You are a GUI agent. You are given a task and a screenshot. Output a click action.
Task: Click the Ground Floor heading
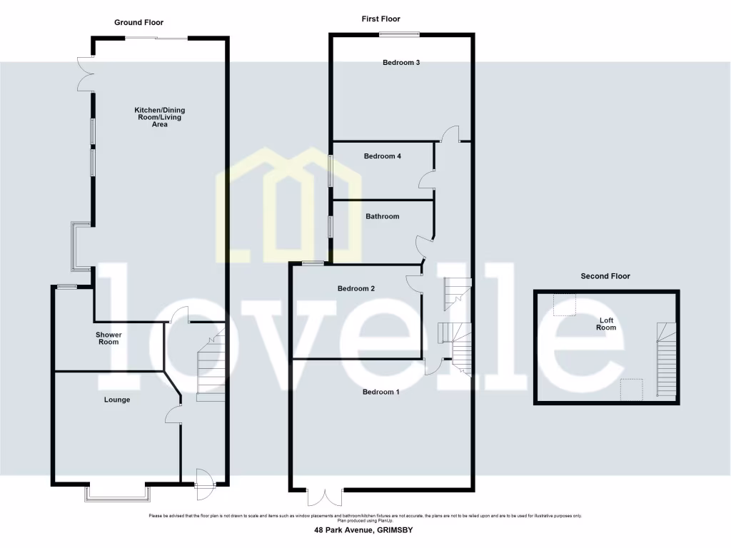tap(139, 22)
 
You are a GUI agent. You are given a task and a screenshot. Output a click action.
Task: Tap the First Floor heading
tap(380, 19)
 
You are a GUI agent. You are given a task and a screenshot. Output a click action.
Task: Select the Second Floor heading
tap(605, 276)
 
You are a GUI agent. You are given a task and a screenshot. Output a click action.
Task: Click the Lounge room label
tap(117, 400)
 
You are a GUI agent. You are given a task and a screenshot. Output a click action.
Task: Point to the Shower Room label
tap(109, 338)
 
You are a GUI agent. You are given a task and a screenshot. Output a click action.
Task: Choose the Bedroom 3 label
tap(400, 63)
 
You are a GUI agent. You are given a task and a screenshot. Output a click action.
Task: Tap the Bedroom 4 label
tap(382, 156)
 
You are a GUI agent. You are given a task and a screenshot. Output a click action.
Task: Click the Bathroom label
tap(382, 216)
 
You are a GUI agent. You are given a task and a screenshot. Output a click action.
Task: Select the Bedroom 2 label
tap(356, 289)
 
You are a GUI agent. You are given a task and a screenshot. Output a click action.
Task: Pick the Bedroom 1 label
tap(380, 392)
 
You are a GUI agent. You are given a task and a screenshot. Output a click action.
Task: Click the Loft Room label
tap(606, 324)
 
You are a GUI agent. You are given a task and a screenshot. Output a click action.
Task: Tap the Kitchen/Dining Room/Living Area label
tap(160, 117)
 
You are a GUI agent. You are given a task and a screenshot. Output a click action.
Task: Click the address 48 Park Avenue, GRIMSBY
tap(363, 530)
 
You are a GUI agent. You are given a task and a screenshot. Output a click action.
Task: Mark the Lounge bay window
tap(118, 492)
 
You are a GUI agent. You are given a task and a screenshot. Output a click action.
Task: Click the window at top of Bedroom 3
tap(398, 34)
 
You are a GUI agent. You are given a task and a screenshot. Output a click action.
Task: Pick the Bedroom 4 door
tap(428, 179)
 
